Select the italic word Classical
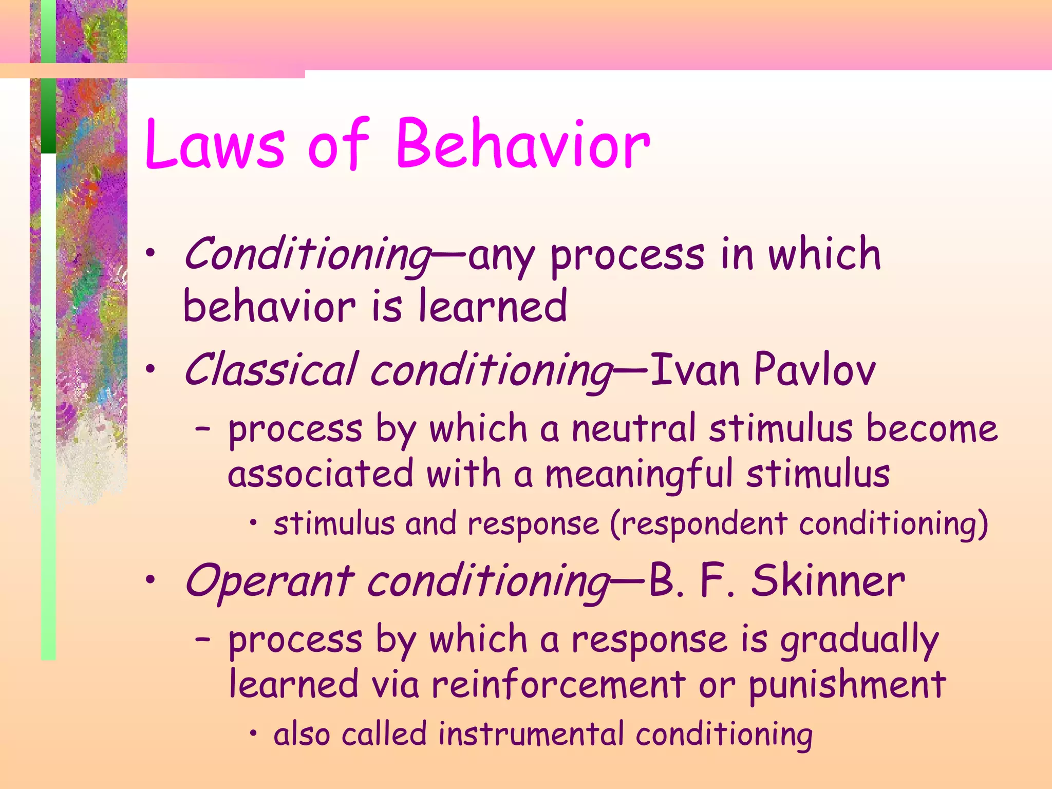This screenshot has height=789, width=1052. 271,370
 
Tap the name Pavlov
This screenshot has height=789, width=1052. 815,370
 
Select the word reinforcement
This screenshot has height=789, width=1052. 558,685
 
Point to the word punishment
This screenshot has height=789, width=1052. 847,686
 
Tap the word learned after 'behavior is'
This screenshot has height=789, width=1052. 493,306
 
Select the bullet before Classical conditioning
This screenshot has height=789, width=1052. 149,369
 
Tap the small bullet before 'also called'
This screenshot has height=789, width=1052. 253,734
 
